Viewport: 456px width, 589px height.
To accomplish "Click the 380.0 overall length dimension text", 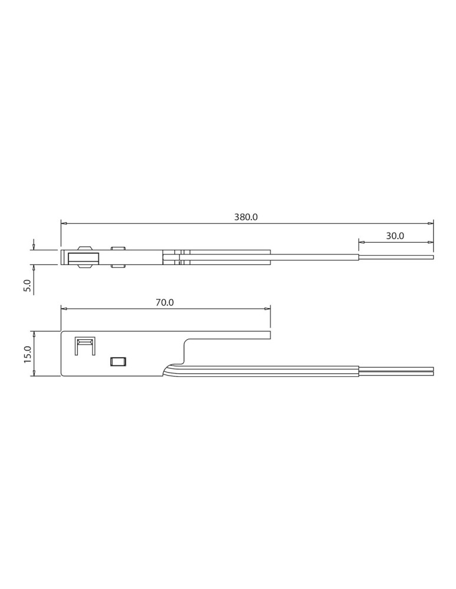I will click(246, 217).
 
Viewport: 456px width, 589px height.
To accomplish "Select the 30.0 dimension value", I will click(395, 236).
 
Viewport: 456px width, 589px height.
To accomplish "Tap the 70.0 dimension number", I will click(165, 302).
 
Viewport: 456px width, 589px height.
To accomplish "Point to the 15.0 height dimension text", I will click(27, 354).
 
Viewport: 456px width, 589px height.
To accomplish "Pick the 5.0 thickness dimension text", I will click(27, 286).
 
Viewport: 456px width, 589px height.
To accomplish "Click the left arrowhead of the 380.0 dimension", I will click(64, 223).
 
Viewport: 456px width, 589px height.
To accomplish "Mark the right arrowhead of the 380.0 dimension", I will click(431, 223).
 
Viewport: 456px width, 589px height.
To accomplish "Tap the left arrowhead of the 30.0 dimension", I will click(361, 241).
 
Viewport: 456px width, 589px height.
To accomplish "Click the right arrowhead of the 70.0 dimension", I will click(267, 308).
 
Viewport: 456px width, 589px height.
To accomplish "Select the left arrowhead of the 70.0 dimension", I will click(64, 308).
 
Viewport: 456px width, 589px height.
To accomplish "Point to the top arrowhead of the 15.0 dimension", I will click(34, 334).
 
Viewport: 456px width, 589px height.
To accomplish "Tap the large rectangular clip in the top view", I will click(83, 257).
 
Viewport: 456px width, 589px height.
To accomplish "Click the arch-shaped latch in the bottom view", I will click(84, 346).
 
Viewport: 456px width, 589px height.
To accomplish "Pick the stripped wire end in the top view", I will click(396, 257).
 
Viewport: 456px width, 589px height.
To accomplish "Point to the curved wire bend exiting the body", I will click(172, 368).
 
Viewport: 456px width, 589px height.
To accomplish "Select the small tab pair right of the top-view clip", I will click(118, 257).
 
